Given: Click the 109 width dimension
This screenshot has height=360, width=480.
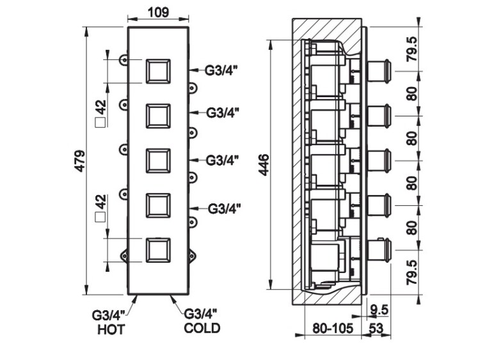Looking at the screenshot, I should (158, 12).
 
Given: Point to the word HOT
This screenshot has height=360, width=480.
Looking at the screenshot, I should (111, 330).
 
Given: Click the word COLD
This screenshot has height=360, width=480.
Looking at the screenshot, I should (202, 329).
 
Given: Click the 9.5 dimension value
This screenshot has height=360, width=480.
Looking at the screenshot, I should (381, 309).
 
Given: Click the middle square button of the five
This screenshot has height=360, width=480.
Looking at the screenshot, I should (157, 160).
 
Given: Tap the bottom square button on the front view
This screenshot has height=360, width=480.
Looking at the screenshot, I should (157, 249).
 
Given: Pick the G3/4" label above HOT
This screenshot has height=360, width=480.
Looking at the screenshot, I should (110, 315).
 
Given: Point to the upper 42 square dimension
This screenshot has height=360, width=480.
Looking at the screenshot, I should (100, 113).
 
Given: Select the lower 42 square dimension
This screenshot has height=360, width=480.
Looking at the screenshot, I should (100, 209).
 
